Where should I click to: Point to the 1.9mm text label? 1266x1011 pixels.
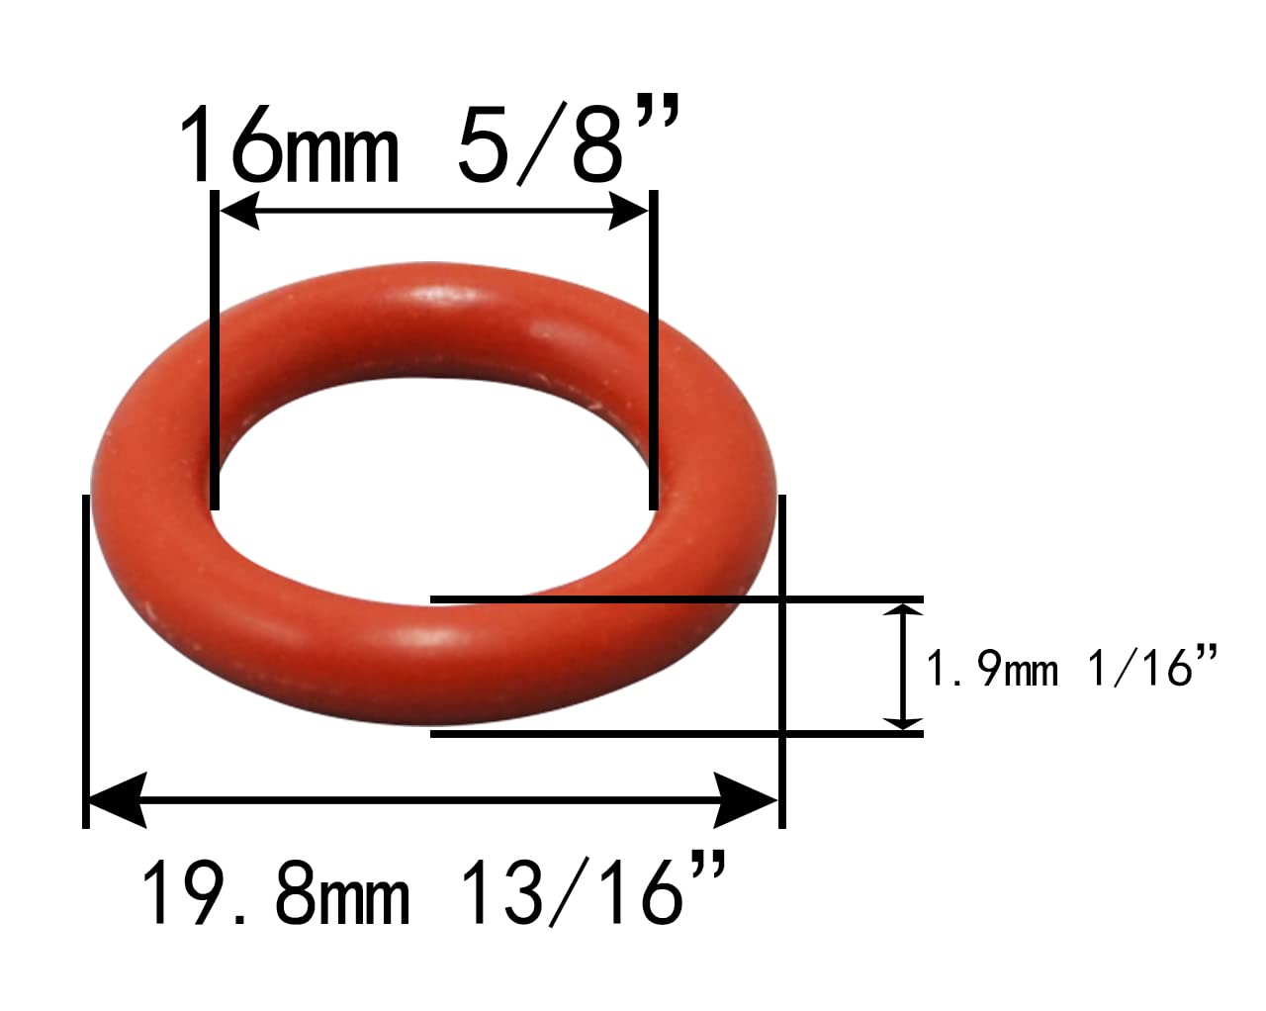pos(992,669)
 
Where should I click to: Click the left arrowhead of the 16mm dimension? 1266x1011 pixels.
pos(238,210)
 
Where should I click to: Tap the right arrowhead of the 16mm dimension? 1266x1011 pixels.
pos(628,210)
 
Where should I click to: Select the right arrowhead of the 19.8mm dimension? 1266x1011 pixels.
pos(746,800)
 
